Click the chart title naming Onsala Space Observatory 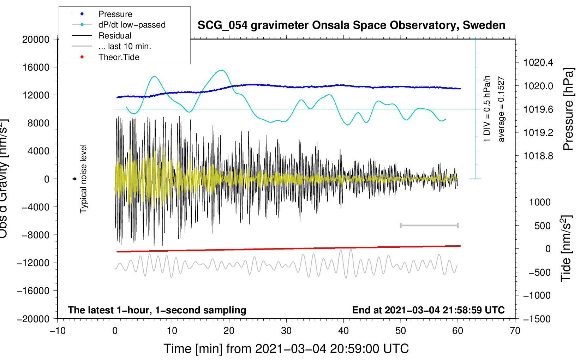pos(351,25)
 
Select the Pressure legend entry pos(115,14)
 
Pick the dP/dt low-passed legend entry pos(132,25)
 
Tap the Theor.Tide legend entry pos(119,57)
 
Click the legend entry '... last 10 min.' pos(125,46)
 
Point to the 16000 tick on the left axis pos(36,67)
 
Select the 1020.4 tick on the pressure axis pos(538,62)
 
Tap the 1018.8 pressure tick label pos(538,156)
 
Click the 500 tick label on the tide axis pos(542,226)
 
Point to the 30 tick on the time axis pos(286,331)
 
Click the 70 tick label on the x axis pos(515,331)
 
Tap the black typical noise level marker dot pos(74,179)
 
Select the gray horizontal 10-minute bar pos(429,225)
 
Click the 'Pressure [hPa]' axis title pos(568,109)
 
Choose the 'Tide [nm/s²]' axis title pos(566,248)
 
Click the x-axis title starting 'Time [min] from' pos(286,349)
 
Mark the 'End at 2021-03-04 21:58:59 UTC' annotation pos(428,310)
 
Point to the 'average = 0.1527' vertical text pos(501,109)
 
